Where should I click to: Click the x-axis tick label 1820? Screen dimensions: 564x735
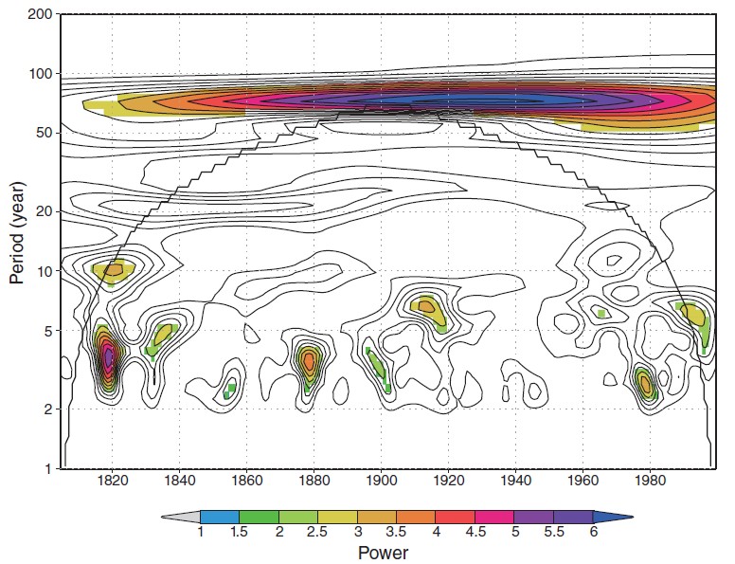coord(113,480)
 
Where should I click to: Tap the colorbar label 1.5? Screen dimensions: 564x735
coord(241,533)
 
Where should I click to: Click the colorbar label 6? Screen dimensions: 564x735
coord(594,533)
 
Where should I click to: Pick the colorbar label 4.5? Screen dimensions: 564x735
coord(475,533)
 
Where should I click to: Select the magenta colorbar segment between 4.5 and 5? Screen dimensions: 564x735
coord(495,516)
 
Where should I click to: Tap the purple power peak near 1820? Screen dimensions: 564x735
coord(109,358)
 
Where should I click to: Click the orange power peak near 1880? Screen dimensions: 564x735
coord(308,360)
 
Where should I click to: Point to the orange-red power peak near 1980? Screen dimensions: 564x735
coord(645,384)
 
